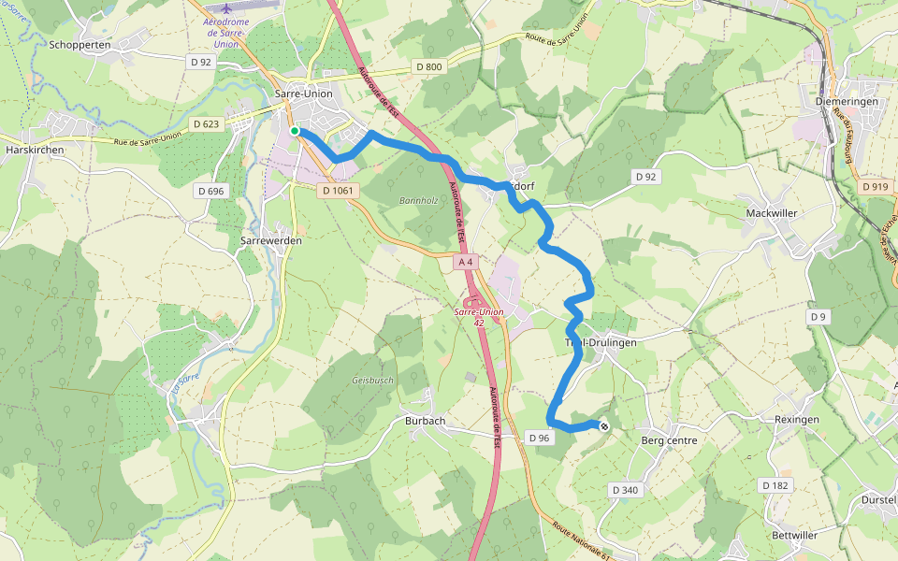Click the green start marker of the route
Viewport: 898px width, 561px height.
click(x=295, y=132)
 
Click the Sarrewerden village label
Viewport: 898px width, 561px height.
click(x=271, y=240)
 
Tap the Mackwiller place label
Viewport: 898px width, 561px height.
click(x=772, y=213)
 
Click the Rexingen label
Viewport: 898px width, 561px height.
click(x=797, y=420)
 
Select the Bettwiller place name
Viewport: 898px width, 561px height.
click(x=795, y=536)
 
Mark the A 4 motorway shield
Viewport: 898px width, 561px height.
click(x=465, y=263)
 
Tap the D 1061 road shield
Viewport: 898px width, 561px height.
click(x=338, y=191)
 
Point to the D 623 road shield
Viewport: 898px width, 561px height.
click(x=206, y=123)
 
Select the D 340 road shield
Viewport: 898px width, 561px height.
click(x=624, y=490)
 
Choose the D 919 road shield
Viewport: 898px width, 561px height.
click(x=876, y=187)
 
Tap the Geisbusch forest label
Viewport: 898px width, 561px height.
click(x=372, y=381)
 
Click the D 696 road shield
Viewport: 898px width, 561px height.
click(x=211, y=191)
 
